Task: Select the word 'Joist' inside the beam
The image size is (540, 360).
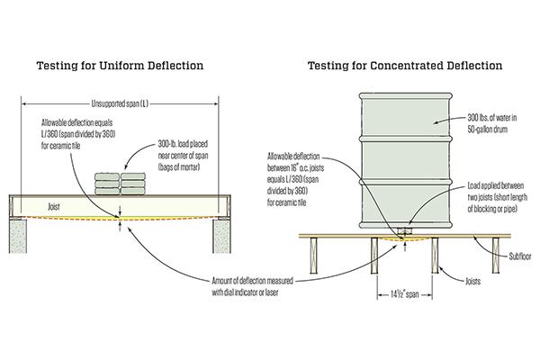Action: point(57,205)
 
